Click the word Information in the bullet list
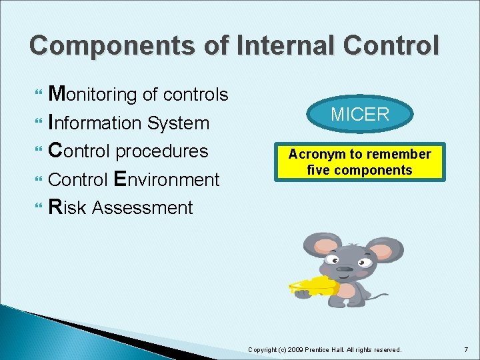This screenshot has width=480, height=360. pos(95,123)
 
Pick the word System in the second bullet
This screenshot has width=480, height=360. pos(178,123)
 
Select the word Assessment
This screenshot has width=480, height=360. pos(142,208)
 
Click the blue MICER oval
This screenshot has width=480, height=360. pos(360,114)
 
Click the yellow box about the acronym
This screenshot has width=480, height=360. pos(360,162)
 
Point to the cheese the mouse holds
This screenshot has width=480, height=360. pos(313,286)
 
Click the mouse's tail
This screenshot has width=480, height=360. pos(377,296)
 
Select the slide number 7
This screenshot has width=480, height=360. pos(466,349)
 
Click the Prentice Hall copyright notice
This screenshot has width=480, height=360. pos(325,349)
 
